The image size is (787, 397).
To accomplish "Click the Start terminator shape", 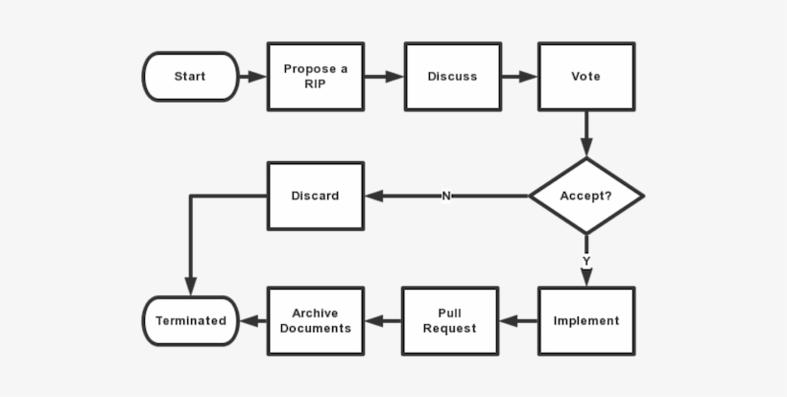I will click(190, 77).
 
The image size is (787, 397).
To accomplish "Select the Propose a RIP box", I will click(316, 77).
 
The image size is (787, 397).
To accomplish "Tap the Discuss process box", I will click(452, 77).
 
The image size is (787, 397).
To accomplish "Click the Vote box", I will click(586, 77).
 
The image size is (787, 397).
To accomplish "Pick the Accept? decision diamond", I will click(586, 196).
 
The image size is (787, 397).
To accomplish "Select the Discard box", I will click(316, 196).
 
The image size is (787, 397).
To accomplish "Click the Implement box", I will click(586, 321).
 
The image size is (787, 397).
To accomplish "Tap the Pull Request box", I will click(450, 321).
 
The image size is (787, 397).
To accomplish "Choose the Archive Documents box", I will click(316, 321).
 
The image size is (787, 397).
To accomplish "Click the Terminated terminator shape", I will click(190, 321).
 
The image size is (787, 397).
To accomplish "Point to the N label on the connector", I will click(446, 196).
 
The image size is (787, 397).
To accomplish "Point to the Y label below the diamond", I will click(586, 261).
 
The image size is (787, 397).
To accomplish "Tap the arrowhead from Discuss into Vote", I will click(528, 77).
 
